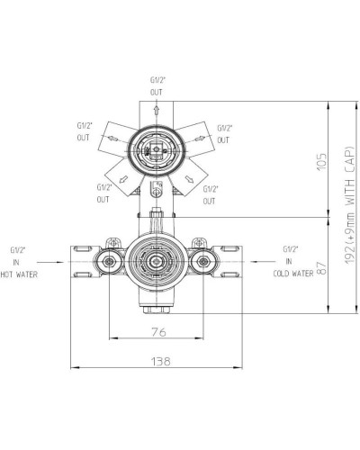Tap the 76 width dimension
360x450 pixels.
[158, 331]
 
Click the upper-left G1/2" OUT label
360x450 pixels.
[83, 132]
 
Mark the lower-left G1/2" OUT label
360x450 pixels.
[105, 193]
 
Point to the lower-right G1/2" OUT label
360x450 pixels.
[210, 193]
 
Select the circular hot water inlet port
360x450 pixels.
[110, 263]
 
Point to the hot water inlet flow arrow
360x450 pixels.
[54, 263]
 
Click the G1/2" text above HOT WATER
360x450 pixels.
[17, 247]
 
